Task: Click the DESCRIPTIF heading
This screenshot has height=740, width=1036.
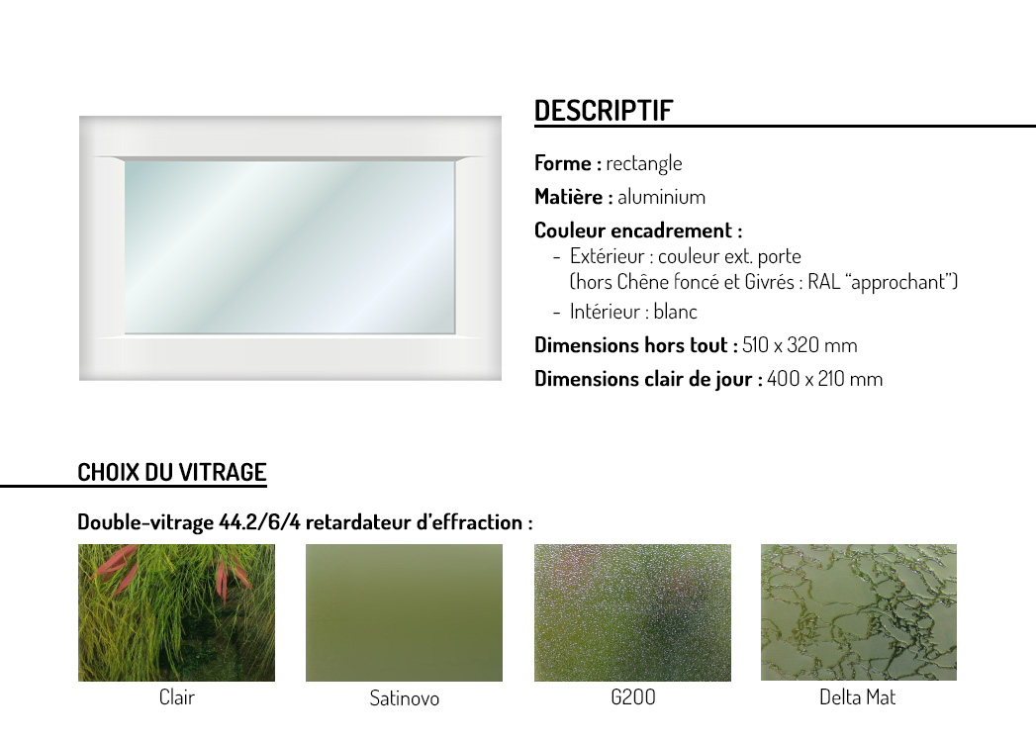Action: coord(604,111)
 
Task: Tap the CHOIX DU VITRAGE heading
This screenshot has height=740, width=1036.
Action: coord(172,473)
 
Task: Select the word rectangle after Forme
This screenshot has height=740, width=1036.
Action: coord(644,163)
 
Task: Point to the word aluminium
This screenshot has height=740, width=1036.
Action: coord(661,197)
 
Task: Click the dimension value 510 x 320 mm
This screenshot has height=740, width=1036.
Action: coord(800,345)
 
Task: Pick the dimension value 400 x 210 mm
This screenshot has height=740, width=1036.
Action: coord(824,379)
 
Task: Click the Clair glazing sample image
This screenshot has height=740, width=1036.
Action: coord(176,612)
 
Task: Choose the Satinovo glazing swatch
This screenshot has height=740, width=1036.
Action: coord(404,612)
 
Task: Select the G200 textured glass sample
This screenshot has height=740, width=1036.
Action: coord(632,612)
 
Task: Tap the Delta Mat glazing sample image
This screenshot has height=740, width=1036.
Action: coord(858,612)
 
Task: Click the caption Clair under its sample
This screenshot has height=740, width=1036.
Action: coord(176,697)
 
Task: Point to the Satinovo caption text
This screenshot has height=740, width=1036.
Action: coord(404,698)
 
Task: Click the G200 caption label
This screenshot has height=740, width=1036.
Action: coord(633,697)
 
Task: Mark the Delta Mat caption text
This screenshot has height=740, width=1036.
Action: coord(858,697)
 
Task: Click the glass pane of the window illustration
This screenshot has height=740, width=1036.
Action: coord(289,247)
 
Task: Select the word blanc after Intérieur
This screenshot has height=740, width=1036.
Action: coord(675,312)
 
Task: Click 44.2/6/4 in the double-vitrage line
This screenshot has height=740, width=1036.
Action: coord(259,522)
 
